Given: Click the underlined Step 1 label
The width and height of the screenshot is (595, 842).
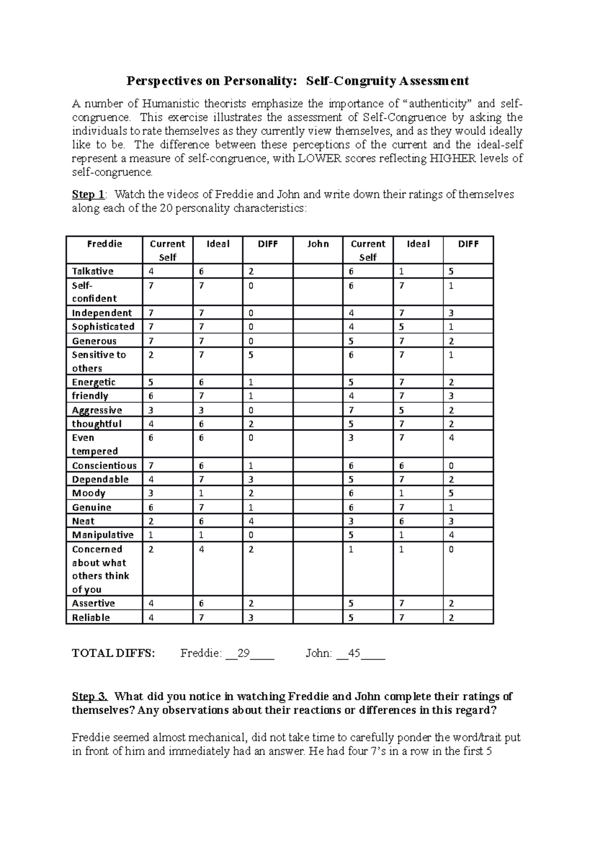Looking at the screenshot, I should coord(88,194).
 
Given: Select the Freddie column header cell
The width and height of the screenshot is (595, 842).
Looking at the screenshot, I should coord(104,244).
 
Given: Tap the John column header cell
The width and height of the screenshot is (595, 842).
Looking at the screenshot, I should coord(318,244).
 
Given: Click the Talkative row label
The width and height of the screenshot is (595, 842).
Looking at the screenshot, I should coord(93,271).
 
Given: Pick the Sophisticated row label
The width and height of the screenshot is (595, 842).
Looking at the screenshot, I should coord(103,327).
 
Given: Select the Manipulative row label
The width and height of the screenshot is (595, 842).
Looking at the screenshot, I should coord(103,535).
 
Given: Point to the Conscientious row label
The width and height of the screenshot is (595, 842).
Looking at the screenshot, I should coord(104,466).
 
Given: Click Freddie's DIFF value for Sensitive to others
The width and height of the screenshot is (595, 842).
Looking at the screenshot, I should coord(251,355).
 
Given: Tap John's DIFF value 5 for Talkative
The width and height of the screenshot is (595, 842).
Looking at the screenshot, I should coord(451,271).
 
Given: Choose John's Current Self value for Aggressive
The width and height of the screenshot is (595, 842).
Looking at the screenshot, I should coord(351,410).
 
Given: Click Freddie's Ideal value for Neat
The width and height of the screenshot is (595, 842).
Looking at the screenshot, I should coord(201,521).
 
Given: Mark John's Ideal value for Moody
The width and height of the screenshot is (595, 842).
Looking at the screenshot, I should coord(401,493).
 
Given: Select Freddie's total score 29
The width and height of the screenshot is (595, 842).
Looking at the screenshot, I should coord(243,653).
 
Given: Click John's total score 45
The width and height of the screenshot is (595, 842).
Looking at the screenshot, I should coord(354,653).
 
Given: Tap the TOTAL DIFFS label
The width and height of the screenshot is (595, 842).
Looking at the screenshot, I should coord(114,653).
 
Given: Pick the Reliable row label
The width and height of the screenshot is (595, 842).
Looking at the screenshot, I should coord(91,618).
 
